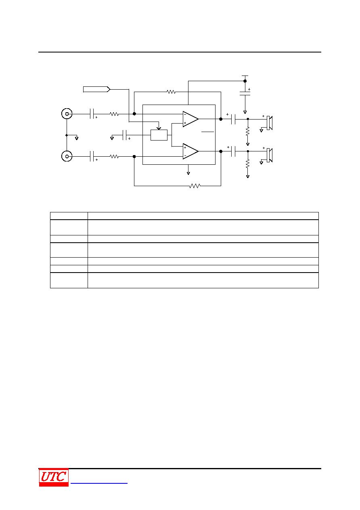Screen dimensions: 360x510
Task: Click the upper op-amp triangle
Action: pos(190,119)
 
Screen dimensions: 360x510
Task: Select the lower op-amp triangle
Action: pos(190,151)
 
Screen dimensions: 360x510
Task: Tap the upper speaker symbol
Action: pos(270,123)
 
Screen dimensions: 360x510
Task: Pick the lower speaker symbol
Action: pos(270,155)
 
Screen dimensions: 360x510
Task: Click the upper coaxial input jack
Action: pos(67,113)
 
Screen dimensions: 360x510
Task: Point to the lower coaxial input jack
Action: pos(67,156)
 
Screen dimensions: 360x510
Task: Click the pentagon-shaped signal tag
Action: pos(97,89)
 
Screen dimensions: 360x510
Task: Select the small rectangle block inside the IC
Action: pos(159,135)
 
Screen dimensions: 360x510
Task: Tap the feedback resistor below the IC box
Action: pos(195,186)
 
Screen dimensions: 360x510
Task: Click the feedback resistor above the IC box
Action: pos(171,92)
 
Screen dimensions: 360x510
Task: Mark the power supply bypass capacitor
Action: pos(245,94)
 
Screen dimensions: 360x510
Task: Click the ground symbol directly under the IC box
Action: pos(188,174)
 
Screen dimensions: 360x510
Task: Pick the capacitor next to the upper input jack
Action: pos(92,113)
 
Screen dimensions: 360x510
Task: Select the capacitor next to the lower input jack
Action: pos(92,156)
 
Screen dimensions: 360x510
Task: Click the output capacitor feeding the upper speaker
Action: pos(233,119)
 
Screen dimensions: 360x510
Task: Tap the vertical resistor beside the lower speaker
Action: pos(247,164)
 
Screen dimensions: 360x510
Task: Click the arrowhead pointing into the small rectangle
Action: pos(159,128)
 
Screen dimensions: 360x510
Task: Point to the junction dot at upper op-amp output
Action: pos(221,119)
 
